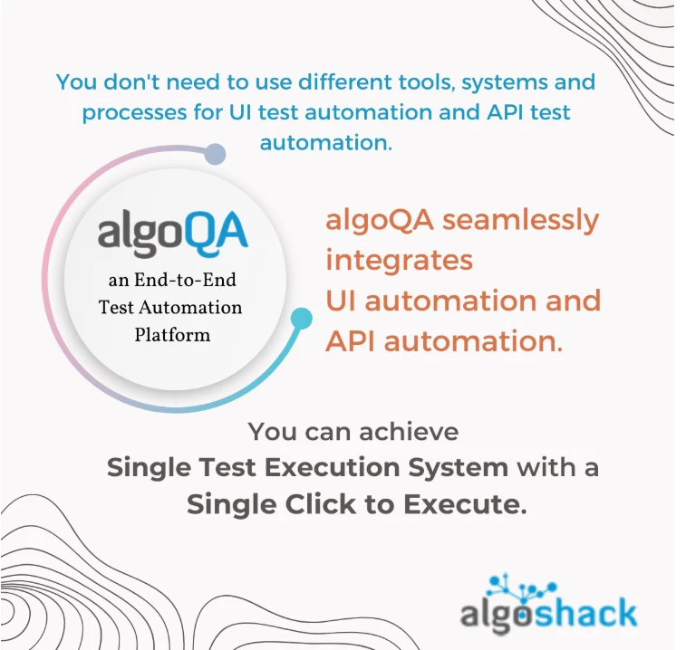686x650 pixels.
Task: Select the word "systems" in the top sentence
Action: tap(505, 82)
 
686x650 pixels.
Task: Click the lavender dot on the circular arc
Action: tap(214, 154)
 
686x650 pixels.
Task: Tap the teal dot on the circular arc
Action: tap(301, 318)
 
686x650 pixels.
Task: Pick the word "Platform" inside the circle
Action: tap(172, 334)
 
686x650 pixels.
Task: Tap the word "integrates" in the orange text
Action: tap(399, 261)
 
